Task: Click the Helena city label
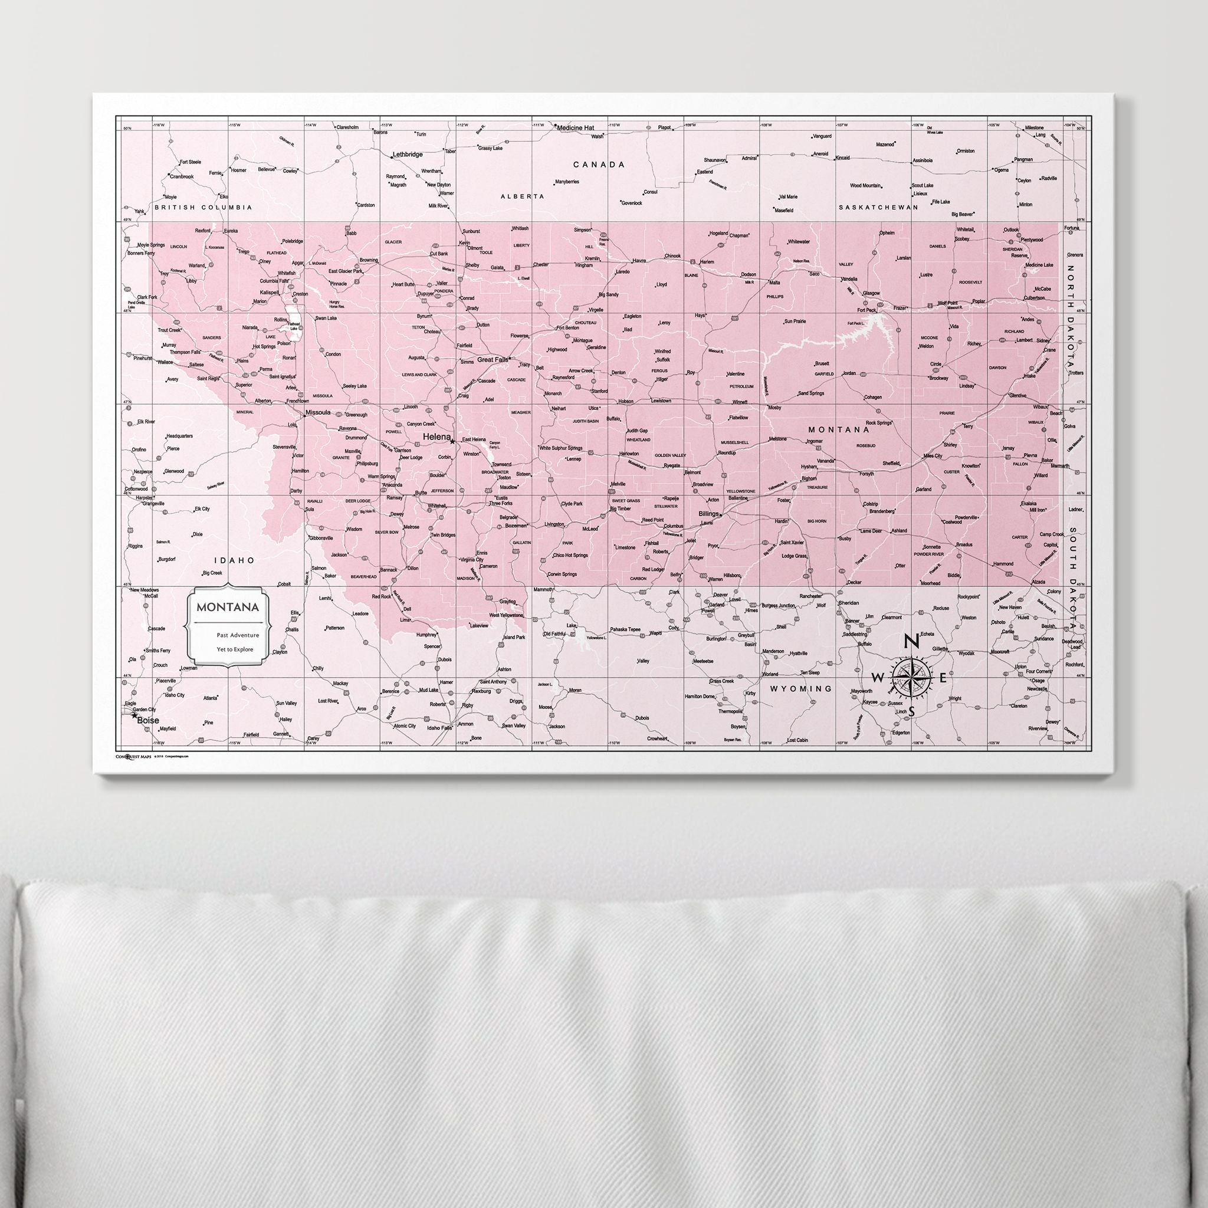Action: tap(436, 436)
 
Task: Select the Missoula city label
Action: tap(318, 413)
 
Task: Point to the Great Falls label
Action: tap(492, 360)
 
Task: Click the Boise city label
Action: tap(148, 720)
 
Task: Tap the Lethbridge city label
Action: tap(407, 154)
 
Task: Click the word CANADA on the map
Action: tap(599, 165)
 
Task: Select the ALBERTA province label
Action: tap(522, 196)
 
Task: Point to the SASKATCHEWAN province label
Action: tap(878, 206)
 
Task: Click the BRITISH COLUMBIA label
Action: tap(203, 207)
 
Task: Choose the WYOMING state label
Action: tap(802, 688)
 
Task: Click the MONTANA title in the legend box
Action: tap(228, 607)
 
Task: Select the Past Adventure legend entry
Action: tap(238, 635)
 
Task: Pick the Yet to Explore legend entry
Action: tap(235, 649)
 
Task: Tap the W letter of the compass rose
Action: tap(878, 678)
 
